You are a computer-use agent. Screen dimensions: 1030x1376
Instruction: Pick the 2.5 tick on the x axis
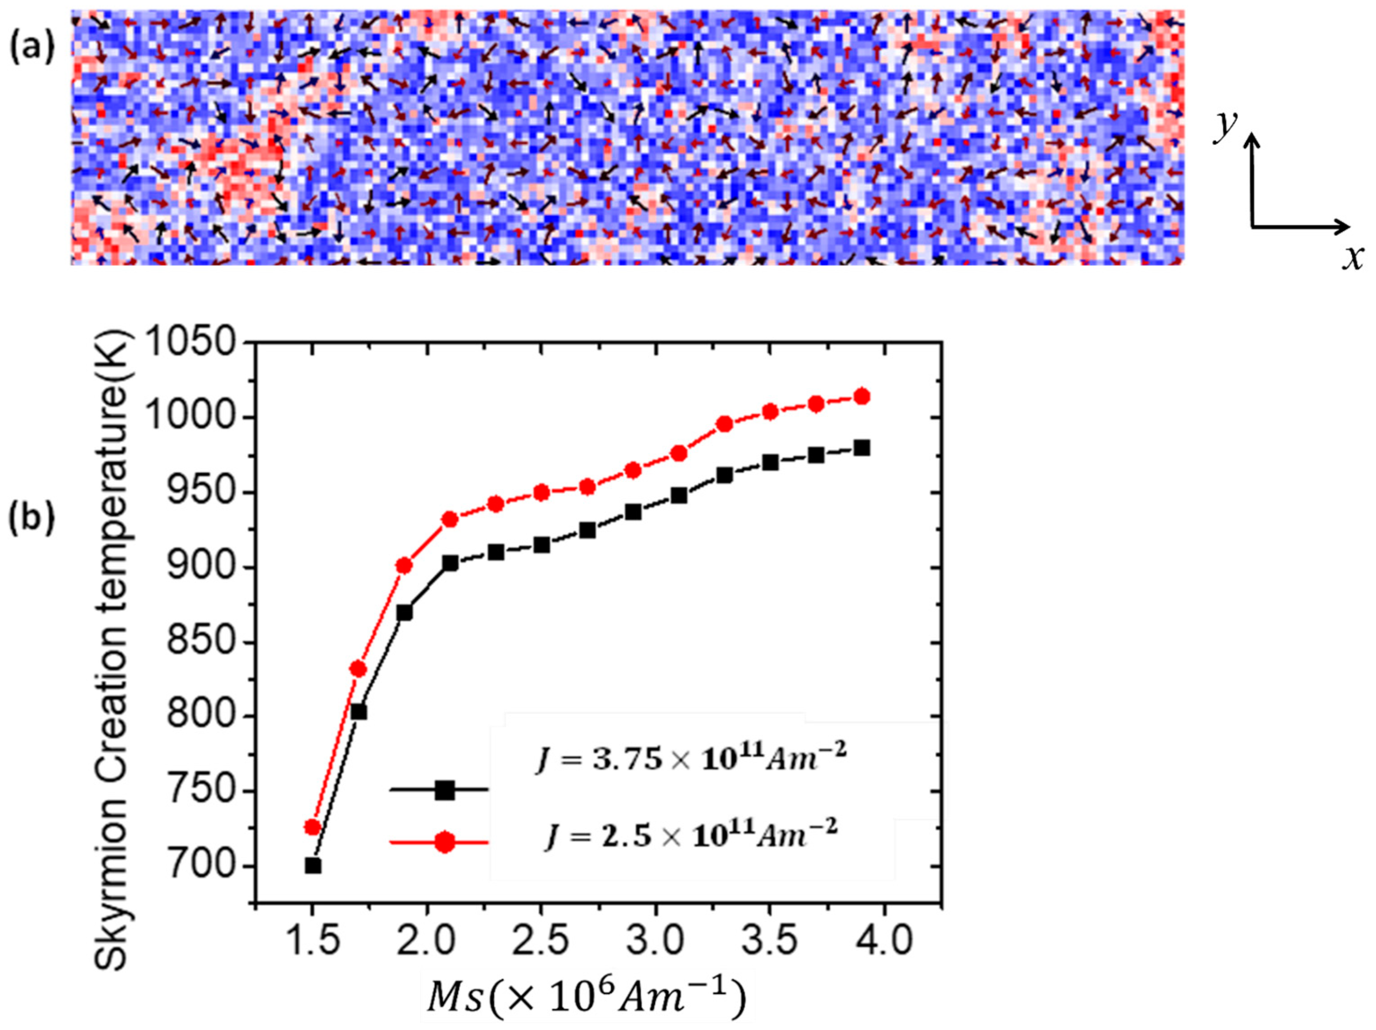coord(541,941)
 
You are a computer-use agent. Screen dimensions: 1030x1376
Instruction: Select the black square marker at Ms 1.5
coord(313,866)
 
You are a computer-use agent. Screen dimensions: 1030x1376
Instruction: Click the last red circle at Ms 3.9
coord(862,396)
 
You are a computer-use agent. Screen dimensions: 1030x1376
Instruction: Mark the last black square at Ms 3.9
coord(862,448)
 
